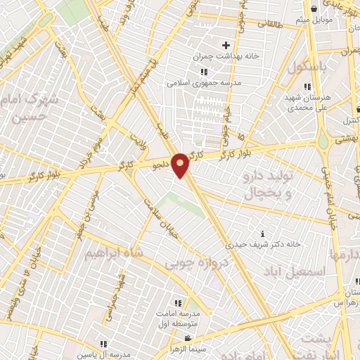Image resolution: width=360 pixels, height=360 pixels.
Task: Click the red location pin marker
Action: click(181, 165)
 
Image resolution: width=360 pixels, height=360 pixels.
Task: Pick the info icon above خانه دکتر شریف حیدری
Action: click(263, 233)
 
